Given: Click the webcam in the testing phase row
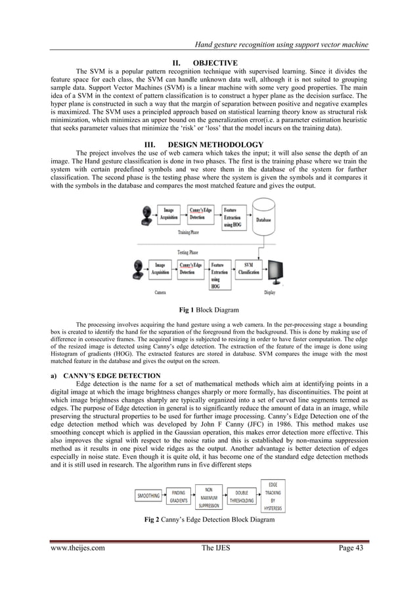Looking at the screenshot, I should pyautogui.click(x=140, y=271).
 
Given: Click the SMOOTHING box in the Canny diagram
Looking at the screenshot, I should pyautogui.click(x=148, y=496).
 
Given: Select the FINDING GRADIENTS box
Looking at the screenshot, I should pyautogui.click(x=178, y=496).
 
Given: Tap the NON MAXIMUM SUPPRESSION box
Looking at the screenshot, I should pyautogui.click(x=208, y=497).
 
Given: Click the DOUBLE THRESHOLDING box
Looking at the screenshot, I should pyautogui.click(x=241, y=496).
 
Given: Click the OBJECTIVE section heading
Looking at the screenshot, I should pyautogui.click(x=209, y=63).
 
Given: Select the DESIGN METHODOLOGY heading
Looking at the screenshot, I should pyautogui.click(x=209, y=144).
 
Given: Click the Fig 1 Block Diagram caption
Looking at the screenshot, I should pyautogui.click(x=209, y=308).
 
